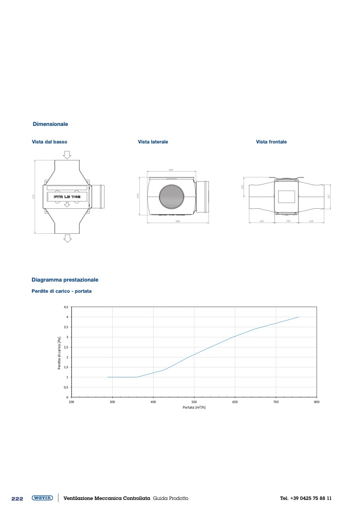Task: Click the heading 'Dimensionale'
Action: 50,124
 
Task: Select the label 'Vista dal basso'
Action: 49,142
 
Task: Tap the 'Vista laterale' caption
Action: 153,142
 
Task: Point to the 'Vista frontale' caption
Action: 271,142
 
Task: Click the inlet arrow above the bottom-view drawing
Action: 67,154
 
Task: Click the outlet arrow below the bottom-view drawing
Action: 67,238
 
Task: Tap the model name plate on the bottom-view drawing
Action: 67,197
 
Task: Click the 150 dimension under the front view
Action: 288,221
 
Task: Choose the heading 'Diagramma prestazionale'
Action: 65,279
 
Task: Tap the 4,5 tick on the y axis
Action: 66,307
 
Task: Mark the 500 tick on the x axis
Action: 194,402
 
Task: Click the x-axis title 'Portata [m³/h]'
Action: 194,408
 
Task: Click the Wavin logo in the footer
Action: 43,498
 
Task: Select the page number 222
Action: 18,498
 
